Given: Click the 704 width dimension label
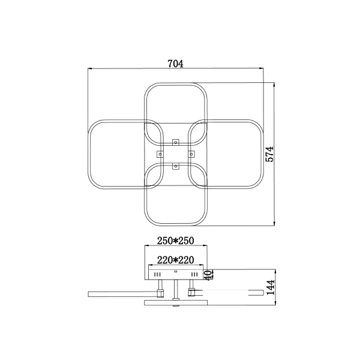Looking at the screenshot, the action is click(x=176, y=64).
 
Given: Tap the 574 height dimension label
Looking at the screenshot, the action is click(x=270, y=154).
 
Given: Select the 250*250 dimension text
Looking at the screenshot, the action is click(x=176, y=241).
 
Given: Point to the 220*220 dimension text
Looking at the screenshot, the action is click(x=176, y=260).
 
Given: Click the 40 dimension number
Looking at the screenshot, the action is click(x=208, y=275).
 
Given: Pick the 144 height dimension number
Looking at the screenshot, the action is click(x=271, y=287).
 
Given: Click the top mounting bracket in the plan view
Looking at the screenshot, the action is click(x=176, y=142).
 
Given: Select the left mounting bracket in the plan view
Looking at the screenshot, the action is click(x=160, y=154).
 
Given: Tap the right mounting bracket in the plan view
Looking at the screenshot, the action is click(x=191, y=154).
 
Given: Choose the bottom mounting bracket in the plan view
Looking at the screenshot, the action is click(x=176, y=166).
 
